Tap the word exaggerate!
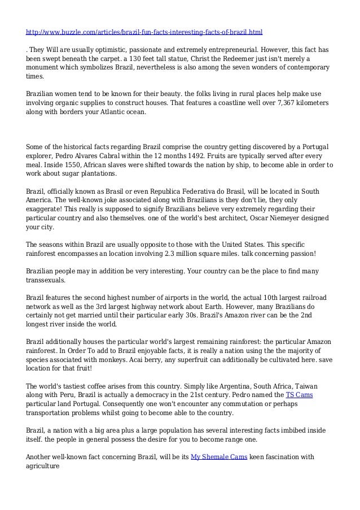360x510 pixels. pyautogui.click(x=49, y=208)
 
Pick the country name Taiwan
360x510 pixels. pyautogui.click(x=317, y=386)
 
